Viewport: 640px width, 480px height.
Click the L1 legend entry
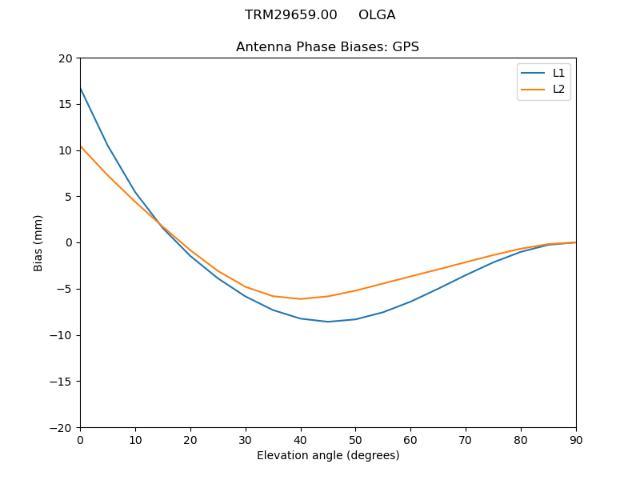coord(558,73)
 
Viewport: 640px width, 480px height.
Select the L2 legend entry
coord(558,89)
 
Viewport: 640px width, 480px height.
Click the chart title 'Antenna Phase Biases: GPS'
coord(327,47)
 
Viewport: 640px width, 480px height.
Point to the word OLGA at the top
coord(377,15)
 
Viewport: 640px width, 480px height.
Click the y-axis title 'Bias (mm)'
coord(38,242)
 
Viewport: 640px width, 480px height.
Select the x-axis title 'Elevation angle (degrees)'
coord(328,455)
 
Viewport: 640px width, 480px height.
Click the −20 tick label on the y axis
coord(61,427)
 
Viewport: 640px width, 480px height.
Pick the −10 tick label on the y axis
coord(61,335)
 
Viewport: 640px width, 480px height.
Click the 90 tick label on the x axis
coord(576,440)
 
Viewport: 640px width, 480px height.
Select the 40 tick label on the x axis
coord(300,440)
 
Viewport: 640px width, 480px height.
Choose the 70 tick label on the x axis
coord(466,440)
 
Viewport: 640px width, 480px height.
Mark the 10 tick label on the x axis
coord(135,440)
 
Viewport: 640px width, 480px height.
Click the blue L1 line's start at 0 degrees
coord(81,88)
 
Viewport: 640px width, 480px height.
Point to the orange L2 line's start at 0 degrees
coord(81,146)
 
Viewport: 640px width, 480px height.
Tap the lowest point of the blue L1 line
coord(328,322)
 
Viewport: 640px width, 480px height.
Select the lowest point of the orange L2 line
coord(300,298)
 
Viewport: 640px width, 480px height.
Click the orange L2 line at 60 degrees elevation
coord(410,277)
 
